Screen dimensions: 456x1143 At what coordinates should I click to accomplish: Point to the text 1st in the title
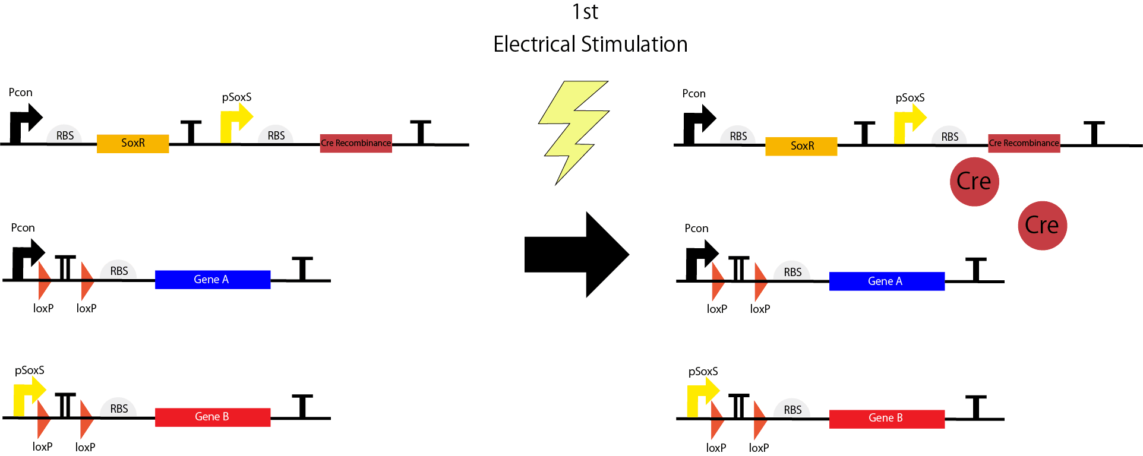coord(585,12)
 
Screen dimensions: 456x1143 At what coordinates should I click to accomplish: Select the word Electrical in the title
coord(534,45)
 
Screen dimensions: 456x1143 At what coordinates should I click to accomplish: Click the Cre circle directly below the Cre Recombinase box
coord(974,182)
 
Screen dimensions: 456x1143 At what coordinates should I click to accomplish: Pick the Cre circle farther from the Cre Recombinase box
coord(1042,226)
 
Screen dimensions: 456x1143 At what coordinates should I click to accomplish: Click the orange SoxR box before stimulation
coord(133,143)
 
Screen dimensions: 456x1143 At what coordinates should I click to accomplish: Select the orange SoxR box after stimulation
coord(801,146)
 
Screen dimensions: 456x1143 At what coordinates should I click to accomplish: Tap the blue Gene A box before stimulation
coord(213,280)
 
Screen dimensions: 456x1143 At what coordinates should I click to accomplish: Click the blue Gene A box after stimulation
coord(887,281)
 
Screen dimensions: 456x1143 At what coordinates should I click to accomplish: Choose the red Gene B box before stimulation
coord(213,417)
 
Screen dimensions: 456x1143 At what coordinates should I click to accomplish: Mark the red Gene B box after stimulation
coord(887,418)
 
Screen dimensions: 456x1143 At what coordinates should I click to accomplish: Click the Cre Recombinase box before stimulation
coord(356,143)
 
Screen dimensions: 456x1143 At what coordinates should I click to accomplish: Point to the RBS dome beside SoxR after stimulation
coord(738,136)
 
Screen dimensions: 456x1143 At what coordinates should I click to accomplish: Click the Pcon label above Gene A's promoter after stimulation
coord(696,229)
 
